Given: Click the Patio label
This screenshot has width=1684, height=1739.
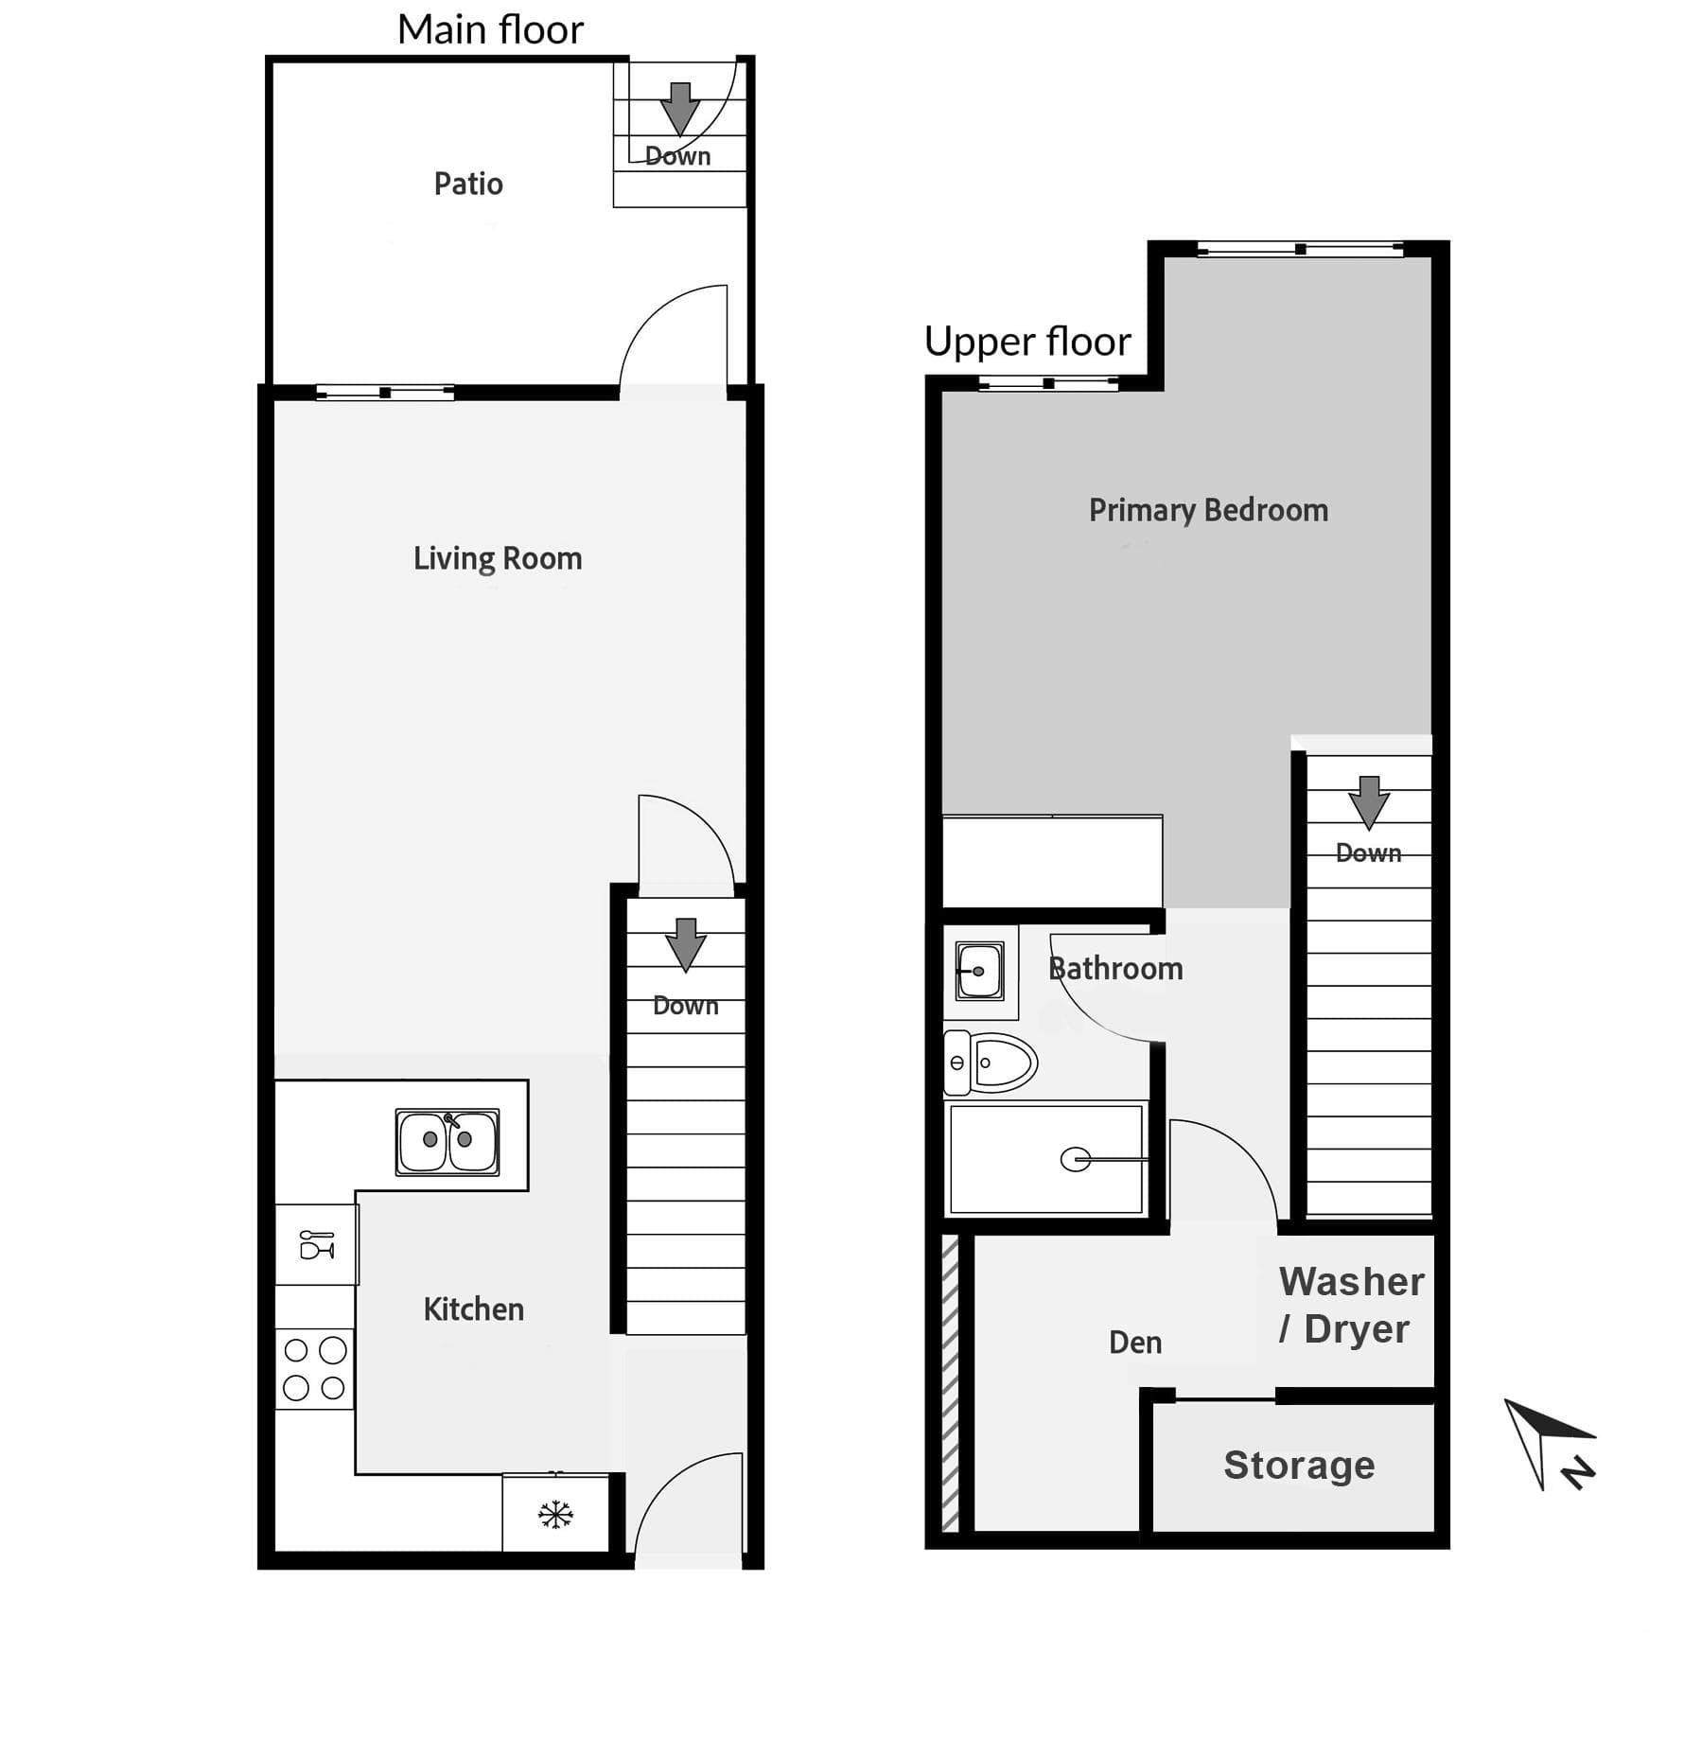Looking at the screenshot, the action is tap(468, 184).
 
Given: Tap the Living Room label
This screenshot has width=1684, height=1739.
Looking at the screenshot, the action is tap(498, 558).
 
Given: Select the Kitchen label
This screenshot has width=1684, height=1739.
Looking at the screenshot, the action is tap(473, 1309).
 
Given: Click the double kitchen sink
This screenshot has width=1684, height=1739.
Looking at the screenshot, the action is tap(447, 1142).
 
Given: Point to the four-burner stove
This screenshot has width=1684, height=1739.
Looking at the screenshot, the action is tap(314, 1369).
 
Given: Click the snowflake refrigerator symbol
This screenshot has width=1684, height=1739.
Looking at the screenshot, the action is tap(555, 1515).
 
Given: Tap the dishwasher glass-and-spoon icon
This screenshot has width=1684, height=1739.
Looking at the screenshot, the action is tap(317, 1244).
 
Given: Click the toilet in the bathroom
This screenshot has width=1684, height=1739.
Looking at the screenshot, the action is tap(991, 1063).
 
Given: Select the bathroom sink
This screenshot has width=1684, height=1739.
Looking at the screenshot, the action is tap(980, 971).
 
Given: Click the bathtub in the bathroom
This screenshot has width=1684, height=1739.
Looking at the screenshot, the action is tap(1046, 1159).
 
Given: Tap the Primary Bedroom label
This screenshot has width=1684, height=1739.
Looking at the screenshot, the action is tap(1208, 511).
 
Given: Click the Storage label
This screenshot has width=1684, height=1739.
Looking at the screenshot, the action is tap(1299, 1466).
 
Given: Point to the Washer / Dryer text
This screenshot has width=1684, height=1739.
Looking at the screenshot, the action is tap(1351, 1306).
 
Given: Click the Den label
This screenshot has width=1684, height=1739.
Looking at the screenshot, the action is tap(1135, 1343).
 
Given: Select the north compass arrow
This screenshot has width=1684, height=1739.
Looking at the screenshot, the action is tap(1549, 1444).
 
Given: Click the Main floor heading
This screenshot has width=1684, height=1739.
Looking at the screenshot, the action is tap(490, 30).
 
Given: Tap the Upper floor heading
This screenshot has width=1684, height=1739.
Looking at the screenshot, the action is tap(1027, 342).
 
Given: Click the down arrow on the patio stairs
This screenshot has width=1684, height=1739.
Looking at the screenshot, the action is tap(679, 109).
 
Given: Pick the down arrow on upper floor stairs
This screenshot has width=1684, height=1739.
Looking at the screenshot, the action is tap(1368, 802).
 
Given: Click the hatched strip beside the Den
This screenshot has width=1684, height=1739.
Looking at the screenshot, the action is tap(951, 1382).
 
